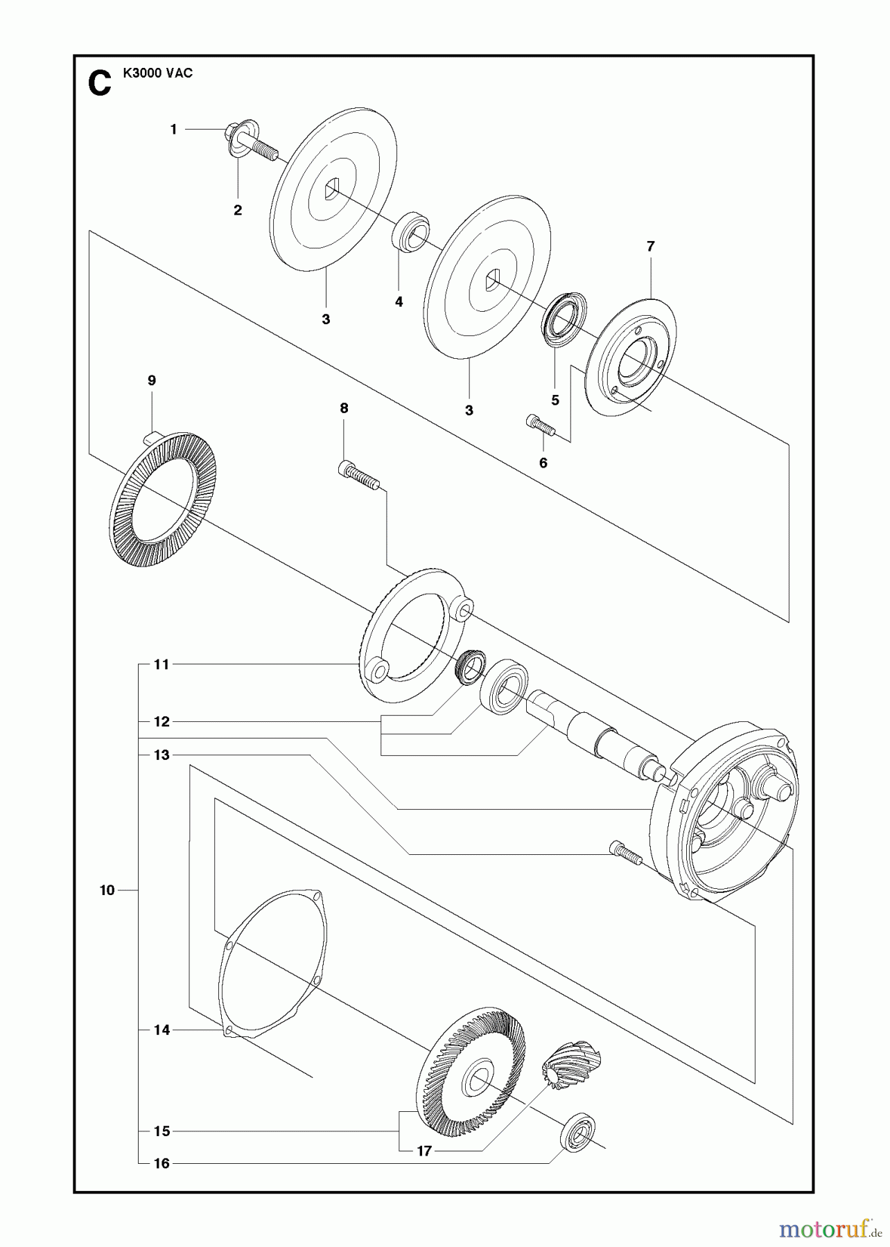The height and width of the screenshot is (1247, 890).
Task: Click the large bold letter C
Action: point(100,85)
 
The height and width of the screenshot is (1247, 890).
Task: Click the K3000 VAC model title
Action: point(157,73)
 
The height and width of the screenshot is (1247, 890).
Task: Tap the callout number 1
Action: point(174,130)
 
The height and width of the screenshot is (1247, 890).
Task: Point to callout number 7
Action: point(650,246)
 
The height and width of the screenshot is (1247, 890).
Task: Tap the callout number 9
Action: point(152,380)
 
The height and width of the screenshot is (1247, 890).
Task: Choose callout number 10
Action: point(107,890)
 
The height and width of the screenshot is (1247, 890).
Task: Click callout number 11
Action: point(162,664)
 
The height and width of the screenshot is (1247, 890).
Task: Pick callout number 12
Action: point(162,722)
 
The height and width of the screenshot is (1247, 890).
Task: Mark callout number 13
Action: point(162,755)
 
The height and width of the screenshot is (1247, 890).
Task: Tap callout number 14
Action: point(162,1030)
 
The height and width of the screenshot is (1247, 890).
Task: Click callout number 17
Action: point(424,1151)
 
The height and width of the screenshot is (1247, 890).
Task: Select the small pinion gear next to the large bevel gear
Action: point(571,1065)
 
